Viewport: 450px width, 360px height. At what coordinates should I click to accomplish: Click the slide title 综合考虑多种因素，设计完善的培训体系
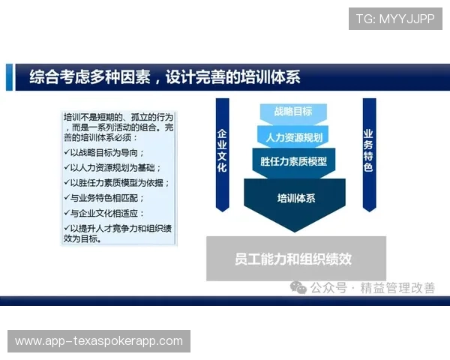165,77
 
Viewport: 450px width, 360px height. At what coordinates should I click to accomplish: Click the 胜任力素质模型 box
293,161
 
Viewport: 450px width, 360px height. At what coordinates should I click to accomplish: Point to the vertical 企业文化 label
222,150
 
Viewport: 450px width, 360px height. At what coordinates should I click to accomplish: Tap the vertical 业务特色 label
367,150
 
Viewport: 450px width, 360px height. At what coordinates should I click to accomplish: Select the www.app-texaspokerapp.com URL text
99,341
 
